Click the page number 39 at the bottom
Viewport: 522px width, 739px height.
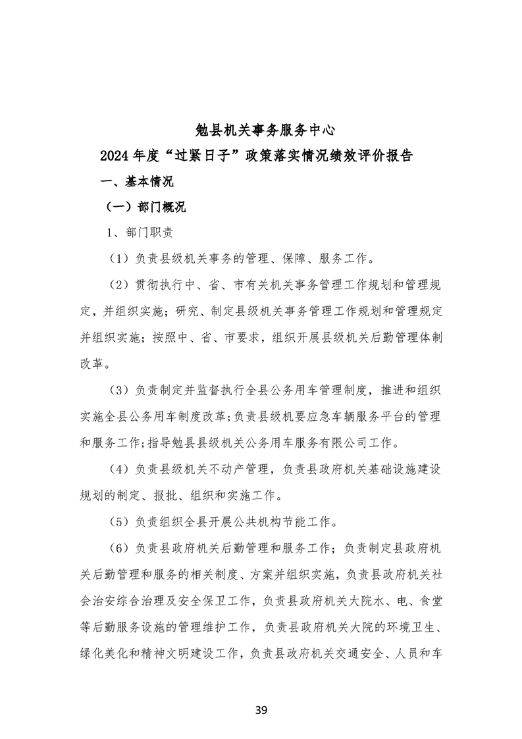click(x=261, y=710)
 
